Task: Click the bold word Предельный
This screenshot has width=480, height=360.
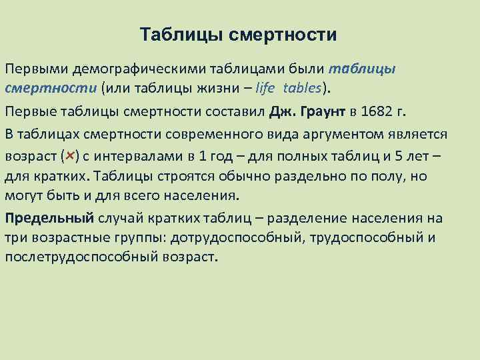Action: click(49, 218)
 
